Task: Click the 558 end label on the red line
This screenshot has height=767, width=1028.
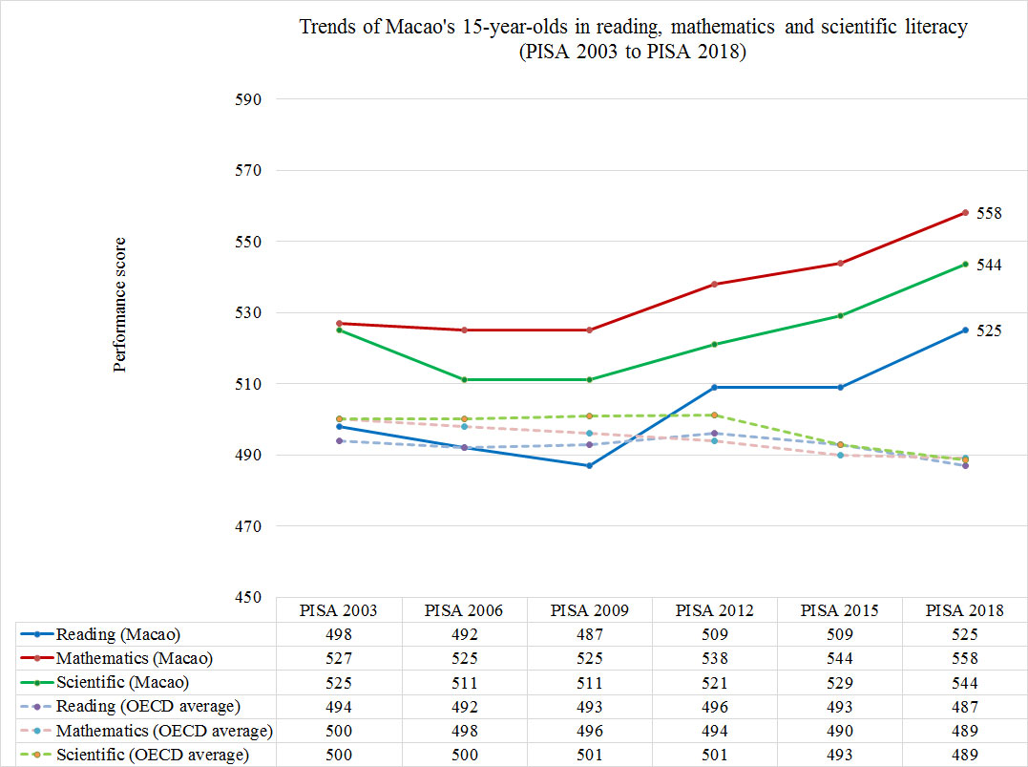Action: pyautogui.click(x=988, y=214)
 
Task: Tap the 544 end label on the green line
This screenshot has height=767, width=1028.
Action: pyautogui.click(x=988, y=265)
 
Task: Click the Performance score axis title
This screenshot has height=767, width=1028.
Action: pyautogui.click(x=120, y=305)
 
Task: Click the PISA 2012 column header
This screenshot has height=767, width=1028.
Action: pyautogui.click(x=714, y=611)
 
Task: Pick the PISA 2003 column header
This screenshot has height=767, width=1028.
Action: pyautogui.click(x=338, y=611)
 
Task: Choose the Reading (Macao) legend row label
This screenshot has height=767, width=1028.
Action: pyautogui.click(x=117, y=635)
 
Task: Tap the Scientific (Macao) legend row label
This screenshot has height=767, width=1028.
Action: pyautogui.click(x=123, y=683)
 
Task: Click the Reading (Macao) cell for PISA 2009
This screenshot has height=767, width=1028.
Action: pyautogui.click(x=589, y=635)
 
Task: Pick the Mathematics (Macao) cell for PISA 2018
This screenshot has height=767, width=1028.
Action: pyautogui.click(x=965, y=659)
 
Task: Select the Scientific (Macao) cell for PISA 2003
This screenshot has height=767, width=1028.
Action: pyautogui.click(x=338, y=683)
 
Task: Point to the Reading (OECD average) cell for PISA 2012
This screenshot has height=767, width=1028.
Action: pyautogui.click(x=714, y=707)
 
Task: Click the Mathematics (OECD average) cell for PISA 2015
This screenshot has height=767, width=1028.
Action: pyautogui.click(x=840, y=731)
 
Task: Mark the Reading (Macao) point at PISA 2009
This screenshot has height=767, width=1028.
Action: pyautogui.click(x=589, y=465)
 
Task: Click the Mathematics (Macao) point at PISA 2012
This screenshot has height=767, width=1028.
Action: pyautogui.click(x=715, y=285)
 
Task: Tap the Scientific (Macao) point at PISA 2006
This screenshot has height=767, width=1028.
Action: pyautogui.click(x=464, y=380)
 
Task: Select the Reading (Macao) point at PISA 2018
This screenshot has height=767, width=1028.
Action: pyautogui.click(x=965, y=330)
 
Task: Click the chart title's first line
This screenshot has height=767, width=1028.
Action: pyautogui.click(x=634, y=27)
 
